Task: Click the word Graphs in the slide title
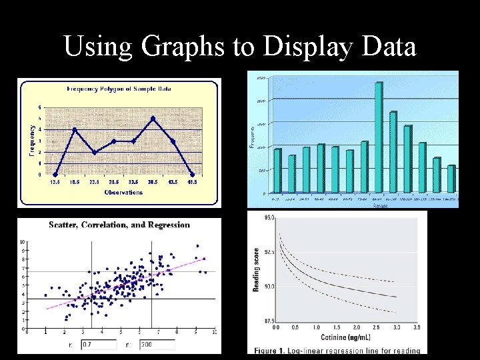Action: click(x=181, y=47)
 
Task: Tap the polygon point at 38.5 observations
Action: click(x=153, y=119)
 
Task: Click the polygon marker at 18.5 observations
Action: click(x=75, y=129)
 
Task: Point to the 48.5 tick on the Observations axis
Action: click(x=192, y=182)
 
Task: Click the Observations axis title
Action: click(x=123, y=193)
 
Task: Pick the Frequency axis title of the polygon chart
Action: click(x=31, y=138)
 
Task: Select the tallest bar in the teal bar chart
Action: click(x=378, y=136)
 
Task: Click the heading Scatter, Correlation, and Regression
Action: click(x=119, y=225)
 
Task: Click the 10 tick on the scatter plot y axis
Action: click(x=23, y=242)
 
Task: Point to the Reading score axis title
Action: click(x=255, y=269)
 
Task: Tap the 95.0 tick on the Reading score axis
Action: click(x=269, y=218)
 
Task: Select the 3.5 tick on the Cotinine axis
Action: click(x=417, y=328)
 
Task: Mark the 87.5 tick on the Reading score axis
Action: click(x=269, y=321)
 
